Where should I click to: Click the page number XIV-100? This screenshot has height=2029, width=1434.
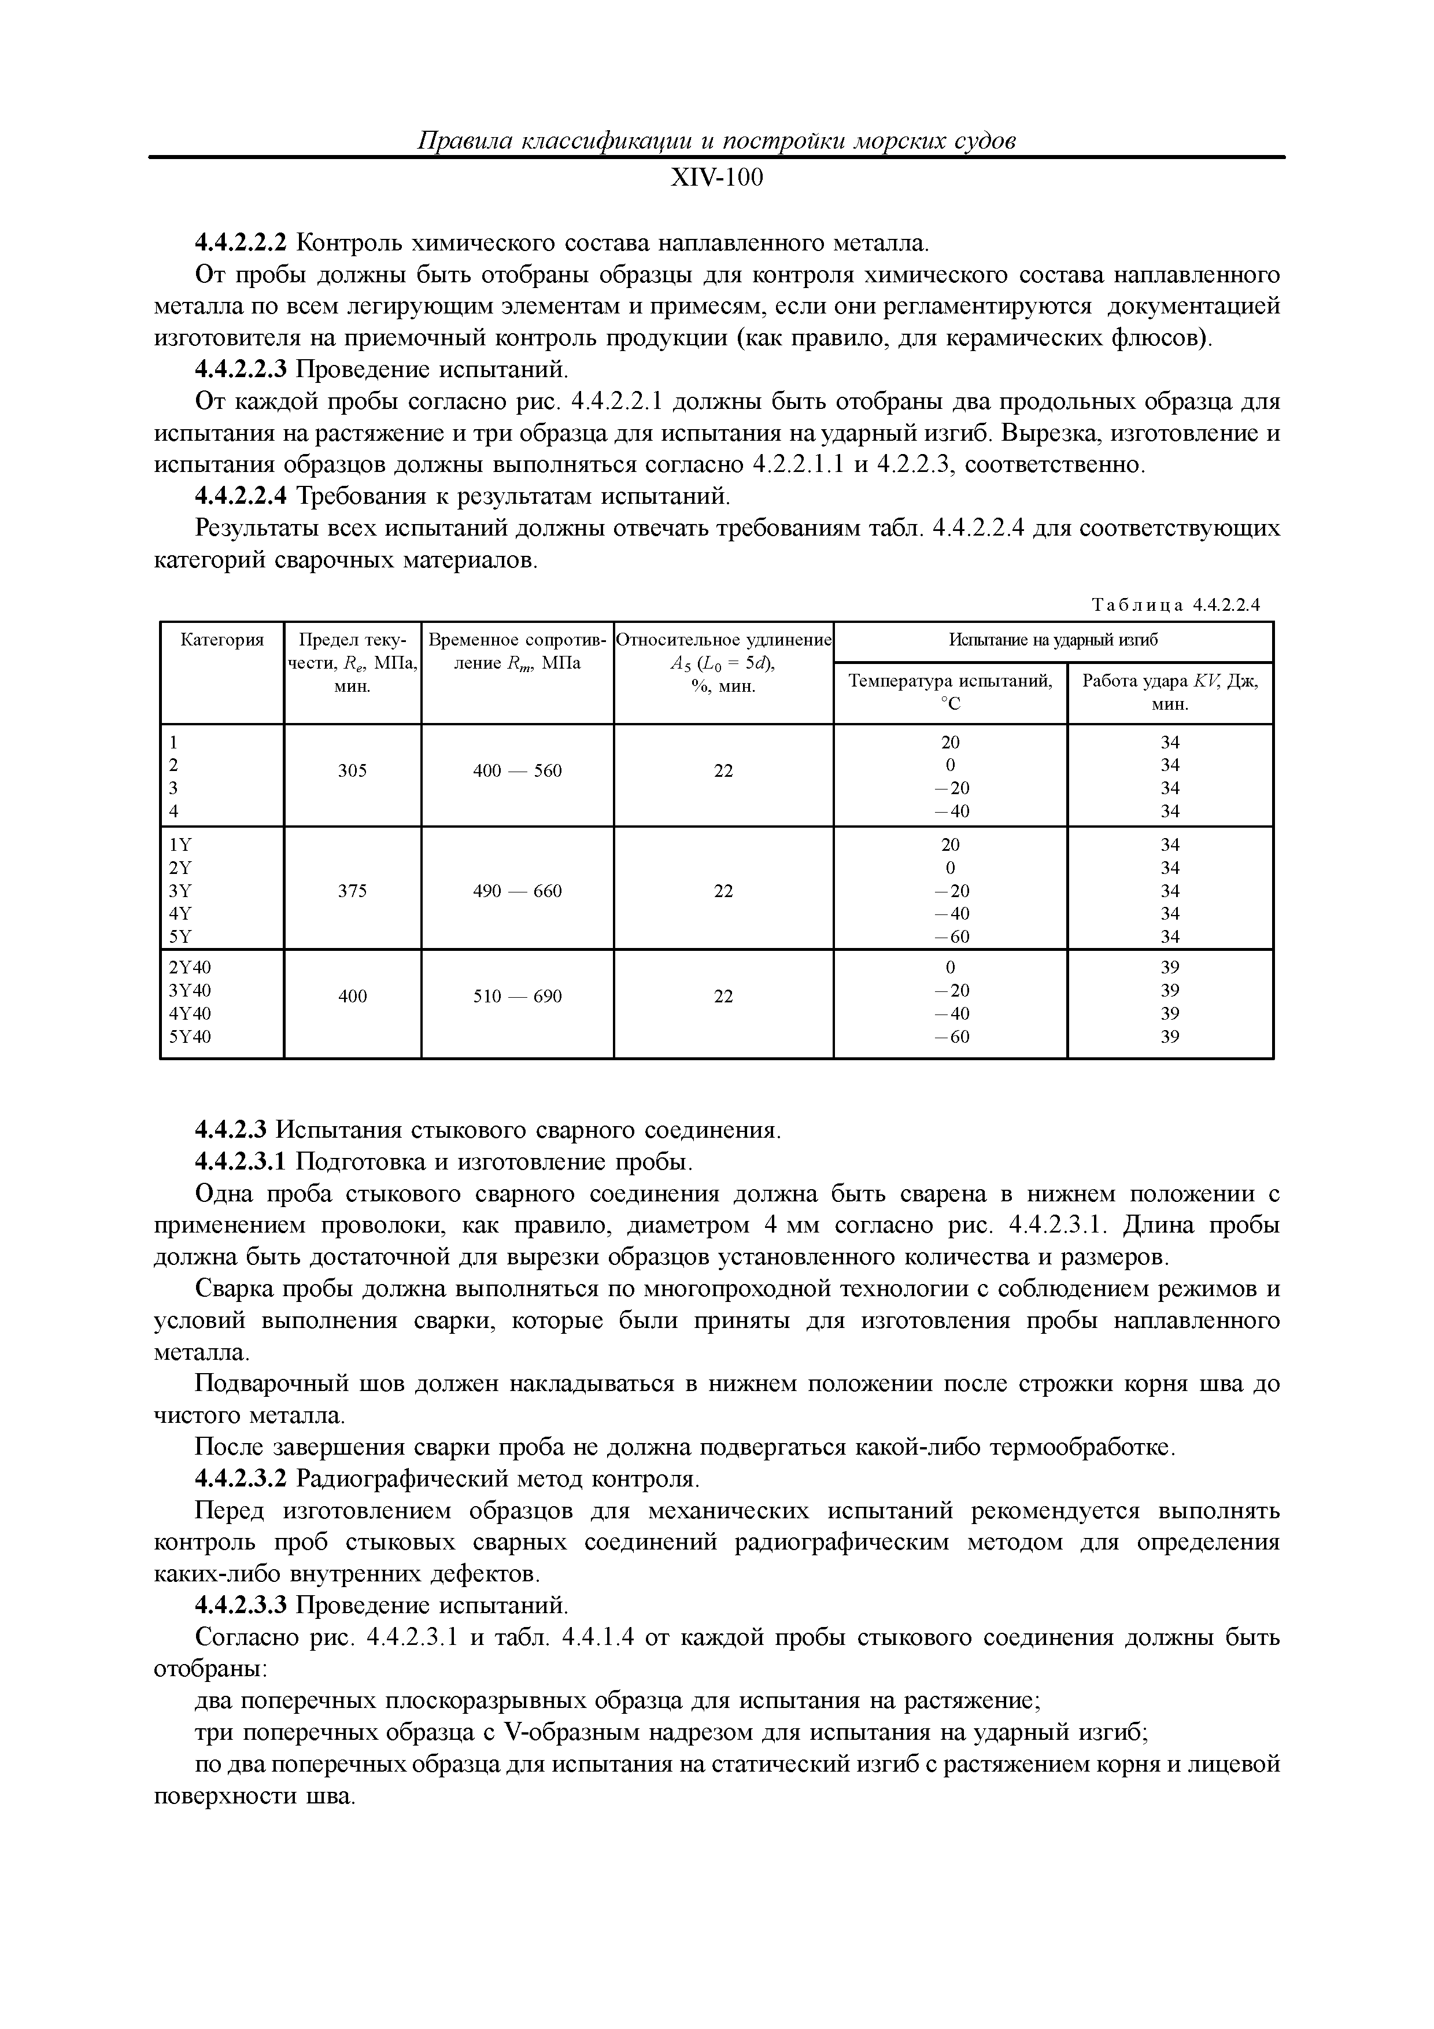(716, 179)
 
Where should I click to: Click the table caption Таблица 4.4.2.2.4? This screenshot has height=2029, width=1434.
(1174, 606)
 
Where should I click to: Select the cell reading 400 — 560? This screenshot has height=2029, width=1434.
(517, 770)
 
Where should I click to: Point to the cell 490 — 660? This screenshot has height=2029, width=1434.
(517, 891)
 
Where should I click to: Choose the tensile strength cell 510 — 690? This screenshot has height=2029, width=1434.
(517, 996)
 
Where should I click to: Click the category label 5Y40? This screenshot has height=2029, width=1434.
(190, 1036)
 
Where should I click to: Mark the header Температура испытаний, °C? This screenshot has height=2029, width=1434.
(950, 692)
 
